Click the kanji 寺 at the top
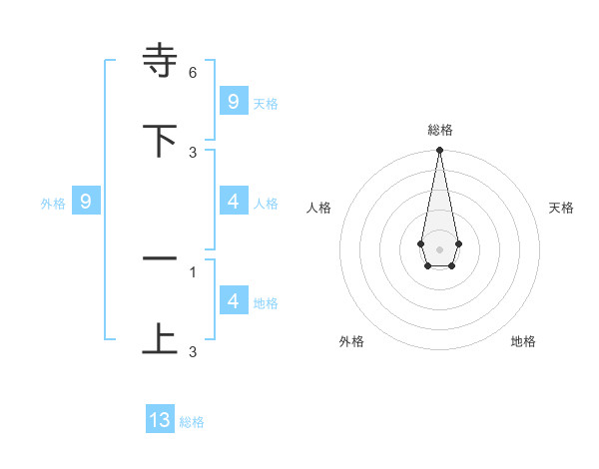point(160,60)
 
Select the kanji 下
point(160,140)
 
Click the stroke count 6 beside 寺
point(193,73)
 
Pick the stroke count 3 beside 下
point(193,153)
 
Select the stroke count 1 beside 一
point(193,271)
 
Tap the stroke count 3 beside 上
point(193,351)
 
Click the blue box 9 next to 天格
point(233,101)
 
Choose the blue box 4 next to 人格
point(233,202)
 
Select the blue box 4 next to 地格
point(233,301)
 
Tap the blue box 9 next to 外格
point(86,202)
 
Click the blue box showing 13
point(160,420)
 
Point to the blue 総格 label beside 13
point(192,422)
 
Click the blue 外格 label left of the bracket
point(53,204)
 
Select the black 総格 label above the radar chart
point(439,130)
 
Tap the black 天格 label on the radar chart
point(561,208)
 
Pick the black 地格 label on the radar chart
point(523,341)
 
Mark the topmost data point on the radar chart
point(439,151)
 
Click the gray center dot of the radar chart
point(439,248)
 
